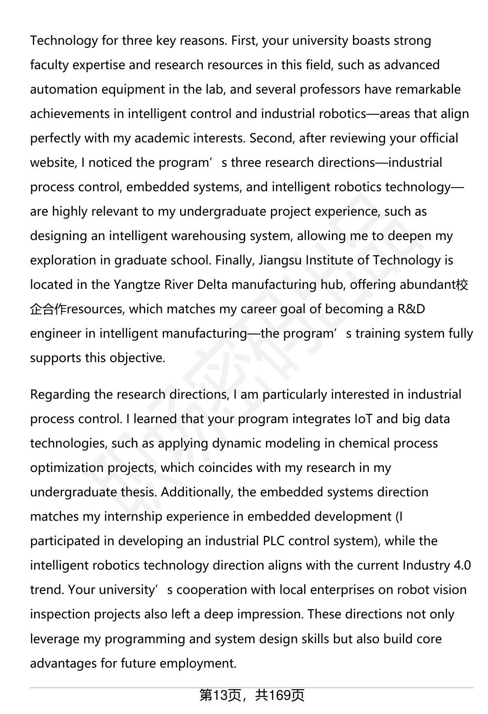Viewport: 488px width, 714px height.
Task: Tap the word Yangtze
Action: tap(137, 285)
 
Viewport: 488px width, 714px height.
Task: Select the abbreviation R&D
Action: tap(411, 309)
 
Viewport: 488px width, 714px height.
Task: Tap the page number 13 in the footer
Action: tap(220, 696)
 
